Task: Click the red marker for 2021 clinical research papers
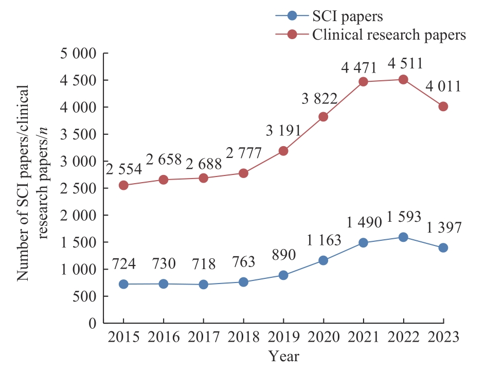point(363,82)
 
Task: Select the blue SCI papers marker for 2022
point(403,237)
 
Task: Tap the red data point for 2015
point(123,185)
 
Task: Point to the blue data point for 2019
point(283,275)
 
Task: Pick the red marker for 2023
point(443,107)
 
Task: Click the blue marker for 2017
point(203,284)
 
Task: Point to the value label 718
point(204,263)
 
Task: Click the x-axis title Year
point(283,356)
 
